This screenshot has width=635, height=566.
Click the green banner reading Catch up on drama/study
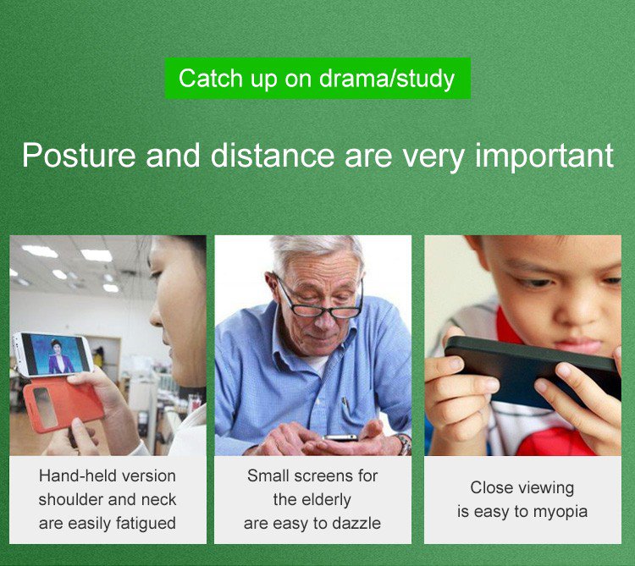point(317,78)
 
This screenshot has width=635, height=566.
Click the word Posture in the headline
point(79,156)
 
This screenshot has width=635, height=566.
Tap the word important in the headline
point(544,156)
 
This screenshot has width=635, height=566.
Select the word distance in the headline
point(272,155)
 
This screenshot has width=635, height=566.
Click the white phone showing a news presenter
point(52,354)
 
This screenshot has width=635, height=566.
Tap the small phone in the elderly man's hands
point(340,437)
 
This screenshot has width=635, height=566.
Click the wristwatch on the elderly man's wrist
point(404,444)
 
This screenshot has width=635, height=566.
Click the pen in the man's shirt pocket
point(345,404)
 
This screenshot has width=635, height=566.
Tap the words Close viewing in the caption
point(522,488)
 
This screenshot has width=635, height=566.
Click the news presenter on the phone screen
point(59,357)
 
